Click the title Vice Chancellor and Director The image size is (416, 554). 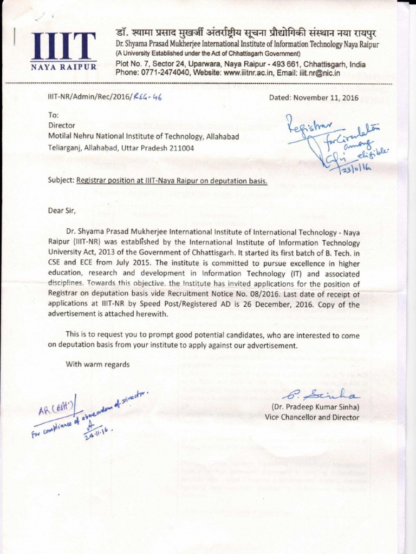click(x=311, y=417)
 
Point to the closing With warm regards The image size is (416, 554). click(x=97, y=364)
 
